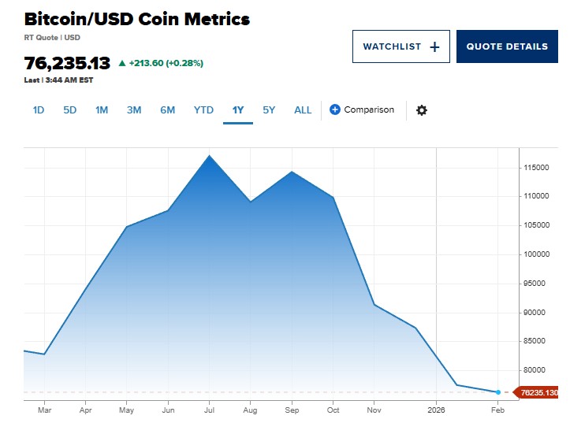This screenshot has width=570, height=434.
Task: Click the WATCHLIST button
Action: pos(400,46)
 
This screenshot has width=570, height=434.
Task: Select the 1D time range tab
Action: pos(39,110)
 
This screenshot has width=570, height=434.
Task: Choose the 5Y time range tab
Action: pos(269,110)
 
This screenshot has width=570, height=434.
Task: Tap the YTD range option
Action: pos(203,110)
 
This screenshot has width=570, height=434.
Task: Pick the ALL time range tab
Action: pos(303,110)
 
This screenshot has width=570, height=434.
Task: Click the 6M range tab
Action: pos(167,110)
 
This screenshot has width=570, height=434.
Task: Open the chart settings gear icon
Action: pos(422,110)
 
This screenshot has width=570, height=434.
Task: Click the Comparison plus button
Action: pos(335,109)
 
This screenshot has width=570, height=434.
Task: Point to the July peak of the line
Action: pos(210,155)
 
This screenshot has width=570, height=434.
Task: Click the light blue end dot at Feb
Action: pos(498,391)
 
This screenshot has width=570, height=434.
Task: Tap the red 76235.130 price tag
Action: pos(538,392)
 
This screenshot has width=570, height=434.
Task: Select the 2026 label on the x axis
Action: pos(436,410)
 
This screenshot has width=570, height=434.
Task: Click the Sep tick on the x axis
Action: pos(292,410)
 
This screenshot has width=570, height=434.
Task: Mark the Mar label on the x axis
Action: pos(44,410)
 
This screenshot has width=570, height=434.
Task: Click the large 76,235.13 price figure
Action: pos(67,63)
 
